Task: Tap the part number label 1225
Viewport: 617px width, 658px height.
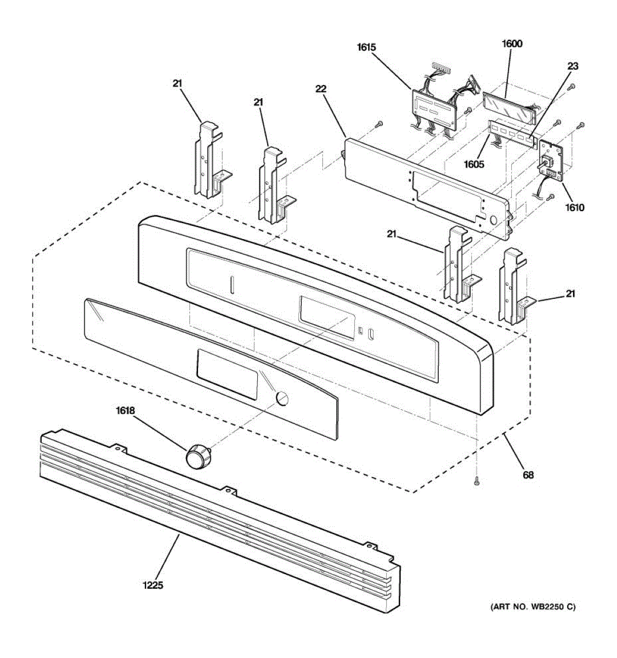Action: [154, 586]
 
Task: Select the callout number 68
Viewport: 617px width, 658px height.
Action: [528, 475]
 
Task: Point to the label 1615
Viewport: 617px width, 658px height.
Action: [366, 47]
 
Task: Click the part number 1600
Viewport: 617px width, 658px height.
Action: [512, 44]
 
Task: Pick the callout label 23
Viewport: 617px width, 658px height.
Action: [573, 66]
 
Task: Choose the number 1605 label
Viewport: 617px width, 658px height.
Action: [474, 163]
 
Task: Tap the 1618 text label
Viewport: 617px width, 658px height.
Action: [126, 410]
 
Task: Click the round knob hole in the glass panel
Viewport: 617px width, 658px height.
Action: [282, 398]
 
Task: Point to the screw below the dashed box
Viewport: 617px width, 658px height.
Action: [477, 481]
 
